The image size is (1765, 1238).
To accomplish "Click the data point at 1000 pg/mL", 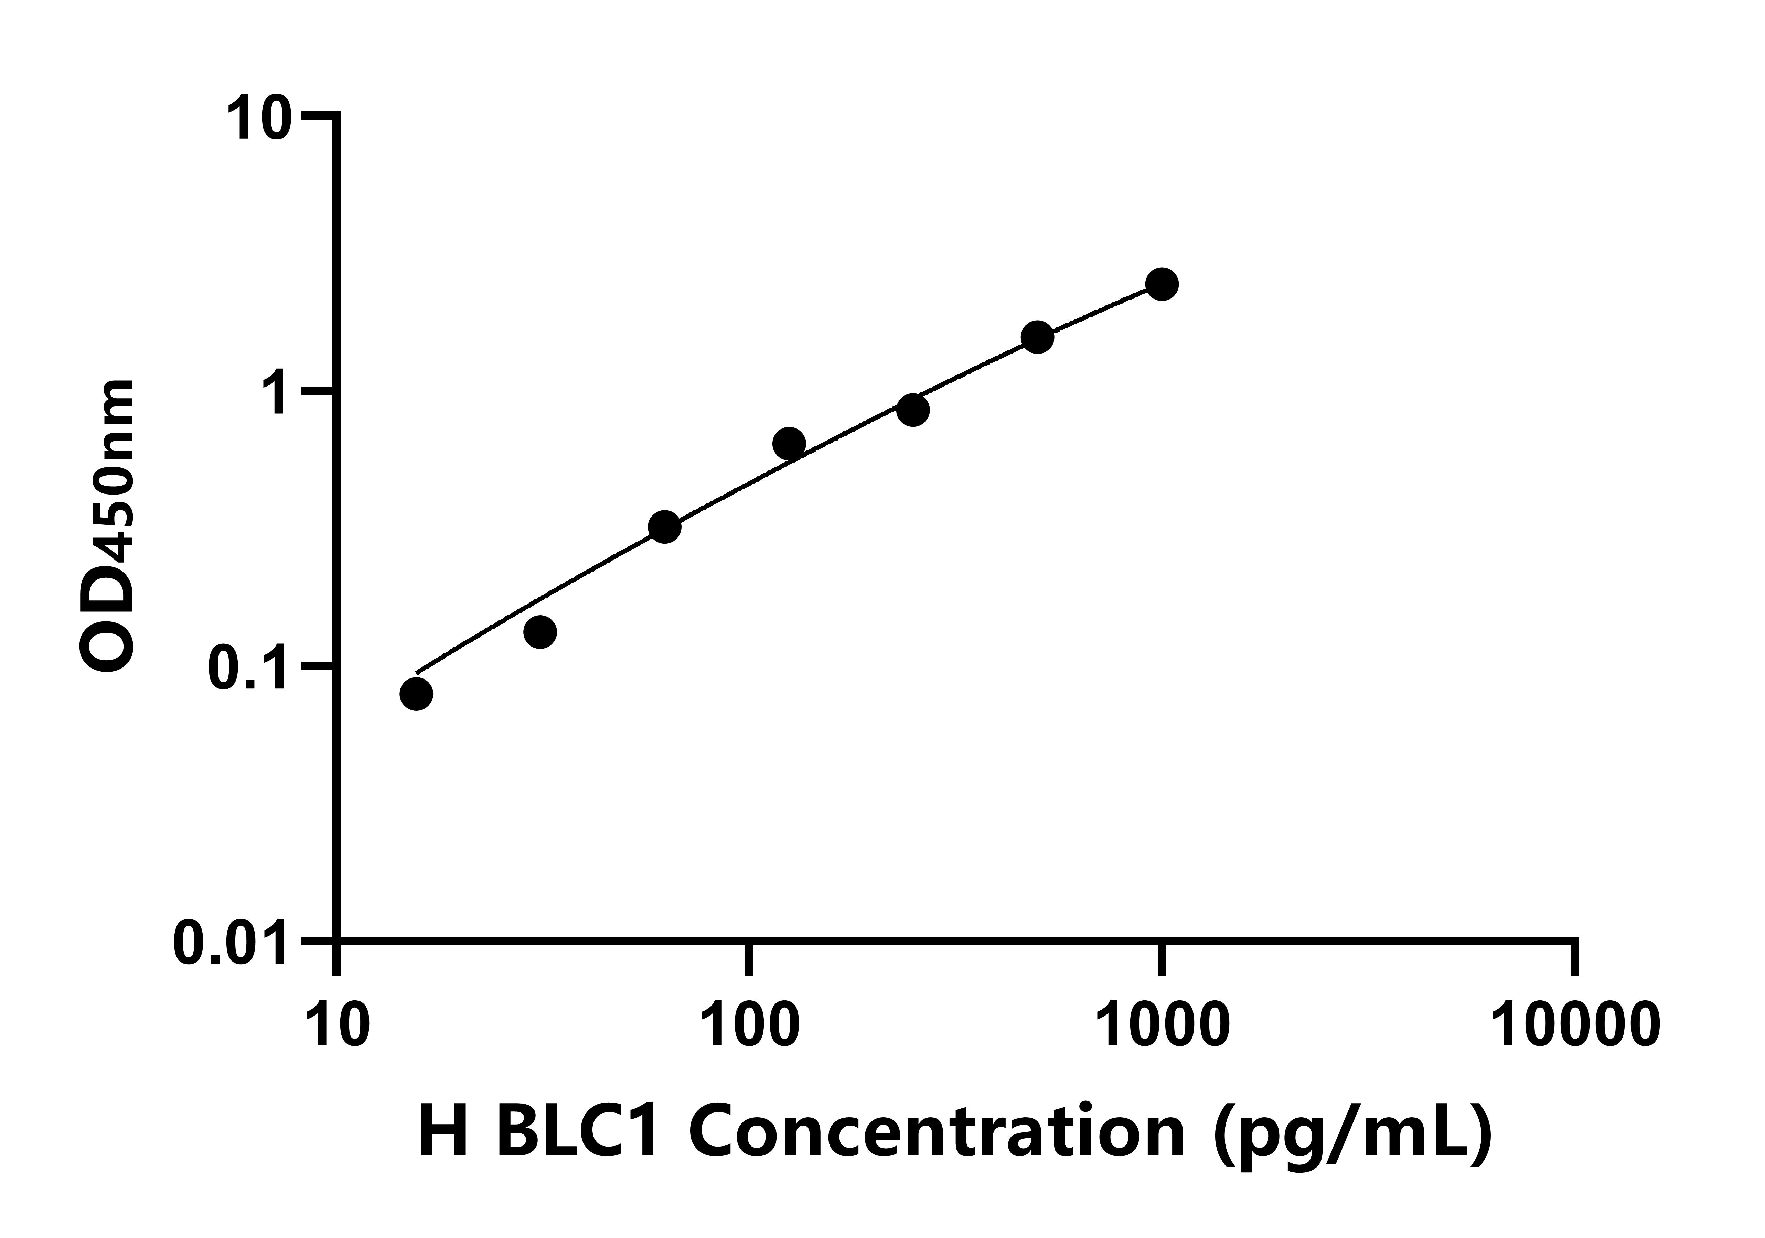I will click(x=1162, y=284).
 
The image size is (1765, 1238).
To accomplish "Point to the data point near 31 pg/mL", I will click(x=541, y=632).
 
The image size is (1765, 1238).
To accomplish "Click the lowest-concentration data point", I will click(x=416, y=694).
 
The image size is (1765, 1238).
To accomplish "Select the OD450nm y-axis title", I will click(x=108, y=526).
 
